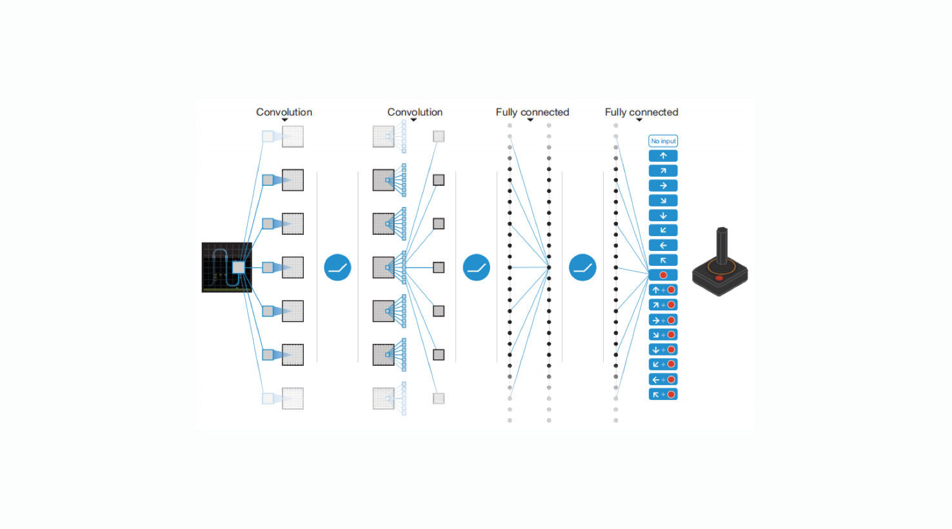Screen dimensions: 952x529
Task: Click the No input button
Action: (x=663, y=141)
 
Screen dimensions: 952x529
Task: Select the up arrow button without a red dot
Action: (x=663, y=155)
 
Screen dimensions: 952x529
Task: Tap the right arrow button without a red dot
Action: (x=663, y=185)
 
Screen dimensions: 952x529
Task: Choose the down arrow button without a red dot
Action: (x=663, y=215)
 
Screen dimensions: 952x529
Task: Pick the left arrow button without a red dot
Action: (x=663, y=245)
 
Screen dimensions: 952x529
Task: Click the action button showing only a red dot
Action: (x=663, y=275)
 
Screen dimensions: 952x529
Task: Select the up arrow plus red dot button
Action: (x=663, y=290)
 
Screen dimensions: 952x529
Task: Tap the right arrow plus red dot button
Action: (x=663, y=320)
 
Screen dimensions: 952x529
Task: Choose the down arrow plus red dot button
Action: (x=663, y=350)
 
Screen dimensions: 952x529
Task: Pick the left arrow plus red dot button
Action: (x=663, y=379)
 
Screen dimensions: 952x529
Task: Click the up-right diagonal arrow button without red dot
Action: (x=663, y=170)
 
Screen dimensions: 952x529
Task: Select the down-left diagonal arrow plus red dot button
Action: (x=663, y=364)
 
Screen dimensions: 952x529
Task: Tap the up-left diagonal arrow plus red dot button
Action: (x=663, y=394)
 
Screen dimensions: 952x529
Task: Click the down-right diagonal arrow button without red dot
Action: (x=663, y=200)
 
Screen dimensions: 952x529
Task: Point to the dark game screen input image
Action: (x=226, y=268)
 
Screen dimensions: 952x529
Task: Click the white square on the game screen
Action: (x=239, y=268)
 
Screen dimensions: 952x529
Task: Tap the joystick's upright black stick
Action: (x=722, y=246)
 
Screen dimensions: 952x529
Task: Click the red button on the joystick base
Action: (x=719, y=278)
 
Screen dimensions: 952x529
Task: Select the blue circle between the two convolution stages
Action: (x=337, y=268)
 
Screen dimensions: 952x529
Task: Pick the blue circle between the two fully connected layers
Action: (x=582, y=268)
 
